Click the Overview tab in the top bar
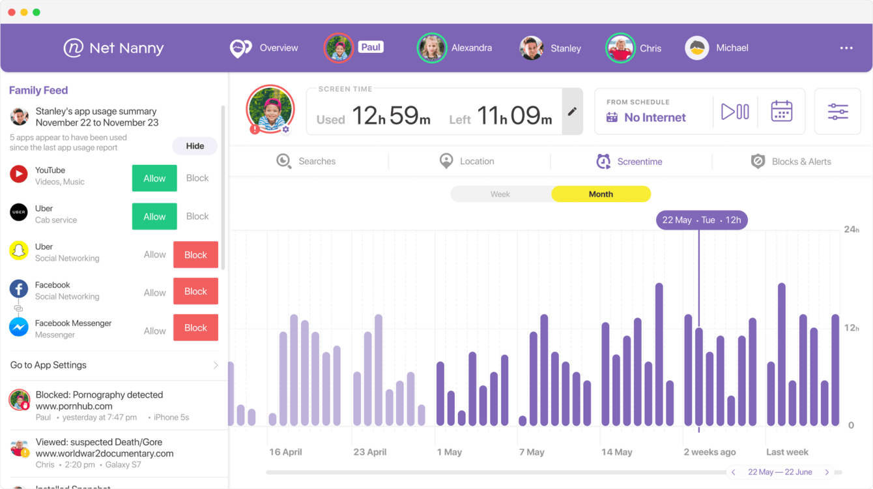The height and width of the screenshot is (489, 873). (264, 48)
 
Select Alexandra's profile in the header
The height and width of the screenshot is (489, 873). (455, 48)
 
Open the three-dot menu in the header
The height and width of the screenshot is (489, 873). (846, 48)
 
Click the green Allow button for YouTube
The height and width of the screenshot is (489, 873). (154, 179)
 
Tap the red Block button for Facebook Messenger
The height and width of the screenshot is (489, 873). (195, 328)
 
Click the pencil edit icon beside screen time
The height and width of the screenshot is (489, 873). (572, 111)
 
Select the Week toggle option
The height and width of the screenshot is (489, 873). (500, 194)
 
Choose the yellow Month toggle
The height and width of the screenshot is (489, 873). (601, 194)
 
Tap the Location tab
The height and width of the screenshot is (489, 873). (467, 162)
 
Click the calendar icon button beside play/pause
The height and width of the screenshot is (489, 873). (781, 111)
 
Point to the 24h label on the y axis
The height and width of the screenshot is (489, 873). (852, 230)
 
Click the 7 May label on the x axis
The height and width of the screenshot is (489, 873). (532, 452)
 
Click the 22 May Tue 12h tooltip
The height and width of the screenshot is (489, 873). (702, 220)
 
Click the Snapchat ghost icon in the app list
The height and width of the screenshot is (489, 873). (19, 251)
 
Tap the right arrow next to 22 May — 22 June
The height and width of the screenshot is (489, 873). (827, 472)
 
